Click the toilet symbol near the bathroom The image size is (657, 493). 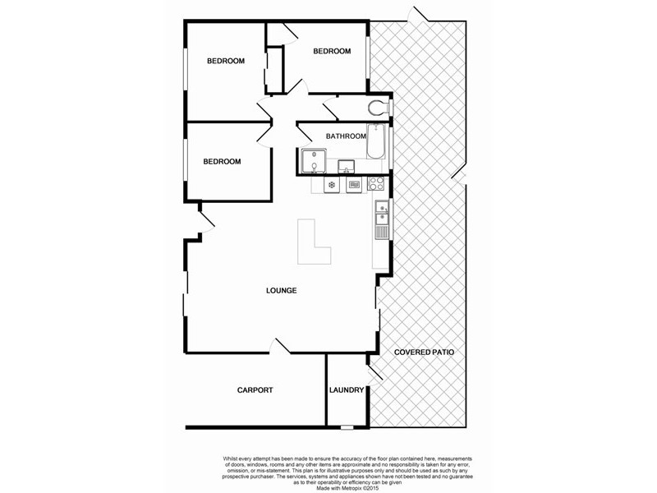(379, 107)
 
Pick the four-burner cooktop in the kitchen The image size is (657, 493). (376, 184)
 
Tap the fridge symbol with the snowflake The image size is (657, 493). (332, 185)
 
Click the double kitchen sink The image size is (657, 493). (381, 212)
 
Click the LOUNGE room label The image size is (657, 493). (281, 291)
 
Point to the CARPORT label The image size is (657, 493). (255, 390)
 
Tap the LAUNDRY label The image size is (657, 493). (346, 390)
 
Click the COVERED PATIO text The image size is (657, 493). (424, 352)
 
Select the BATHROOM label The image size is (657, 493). (345, 136)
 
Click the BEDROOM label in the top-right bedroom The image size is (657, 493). (332, 51)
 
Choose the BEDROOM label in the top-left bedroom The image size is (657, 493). (225, 61)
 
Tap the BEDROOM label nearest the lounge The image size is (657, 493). (222, 162)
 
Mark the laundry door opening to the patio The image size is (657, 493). (374, 371)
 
